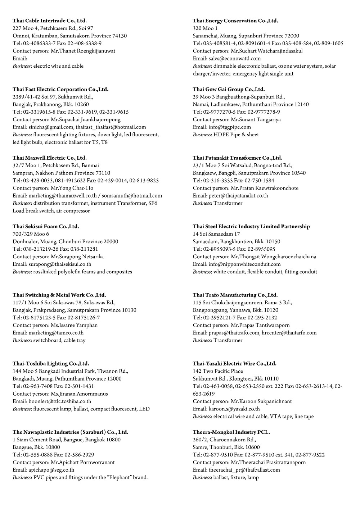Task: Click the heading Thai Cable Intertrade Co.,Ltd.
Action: pyautogui.click(x=50, y=21)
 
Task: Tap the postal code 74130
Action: pyautogui.click(x=120, y=36)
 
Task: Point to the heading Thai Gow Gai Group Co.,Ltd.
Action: pyautogui.click(x=229, y=89)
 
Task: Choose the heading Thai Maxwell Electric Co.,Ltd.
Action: pyautogui.click(x=50, y=158)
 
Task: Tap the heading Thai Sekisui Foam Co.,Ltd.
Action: pyautogui.click(x=46, y=226)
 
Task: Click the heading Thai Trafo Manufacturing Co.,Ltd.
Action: pyautogui.click(x=235, y=295)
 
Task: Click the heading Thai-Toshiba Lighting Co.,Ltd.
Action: pyautogui.click(x=51, y=363)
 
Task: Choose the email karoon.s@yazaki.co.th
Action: pyautogui.click(x=234, y=409)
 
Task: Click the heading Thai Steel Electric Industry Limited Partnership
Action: pyautogui.click(x=251, y=226)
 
